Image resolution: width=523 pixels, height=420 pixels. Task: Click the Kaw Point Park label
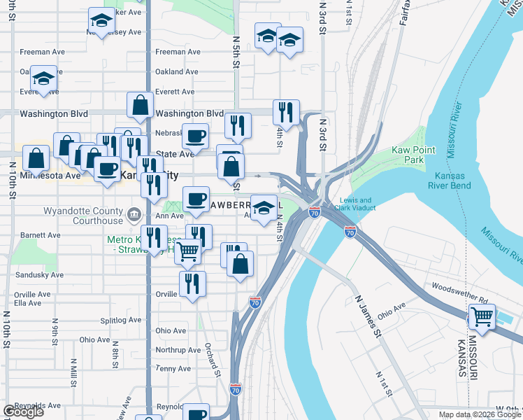click(x=414, y=155)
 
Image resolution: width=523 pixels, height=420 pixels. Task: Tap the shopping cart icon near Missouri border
click(x=482, y=316)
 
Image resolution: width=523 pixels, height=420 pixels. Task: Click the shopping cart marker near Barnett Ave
click(x=187, y=251)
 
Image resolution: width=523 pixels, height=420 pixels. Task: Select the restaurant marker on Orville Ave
click(x=191, y=283)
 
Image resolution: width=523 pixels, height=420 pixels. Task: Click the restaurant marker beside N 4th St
click(x=286, y=111)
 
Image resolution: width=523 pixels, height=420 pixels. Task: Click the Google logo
click(x=22, y=412)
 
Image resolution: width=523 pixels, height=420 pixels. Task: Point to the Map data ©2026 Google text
click(x=479, y=414)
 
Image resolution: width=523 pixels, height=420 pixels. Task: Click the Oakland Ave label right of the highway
click(x=178, y=71)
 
